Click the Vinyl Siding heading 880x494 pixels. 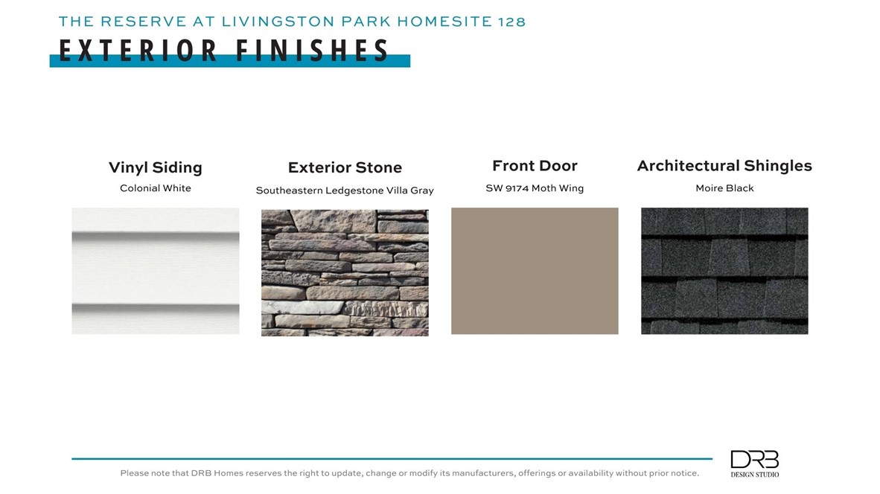click(x=156, y=167)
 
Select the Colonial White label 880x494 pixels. click(x=156, y=187)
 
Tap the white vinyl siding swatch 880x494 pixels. click(x=156, y=271)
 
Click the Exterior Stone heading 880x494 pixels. click(x=345, y=167)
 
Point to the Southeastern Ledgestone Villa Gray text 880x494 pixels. click(x=345, y=190)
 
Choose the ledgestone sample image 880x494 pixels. click(x=345, y=272)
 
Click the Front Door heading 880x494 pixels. click(x=535, y=166)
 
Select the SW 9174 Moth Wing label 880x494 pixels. click(x=535, y=188)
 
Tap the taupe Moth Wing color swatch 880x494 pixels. click(x=535, y=271)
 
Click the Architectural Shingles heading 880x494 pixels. click(x=724, y=166)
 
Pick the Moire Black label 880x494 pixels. click(x=724, y=188)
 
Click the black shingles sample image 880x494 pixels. click(x=724, y=271)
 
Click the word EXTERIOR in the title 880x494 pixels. click(x=138, y=51)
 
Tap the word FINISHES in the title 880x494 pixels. click(x=312, y=51)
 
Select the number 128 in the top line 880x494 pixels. click(x=511, y=22)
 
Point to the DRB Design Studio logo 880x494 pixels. click(x=754, y=463)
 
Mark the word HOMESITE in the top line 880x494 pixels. click(x=445, y=22)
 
